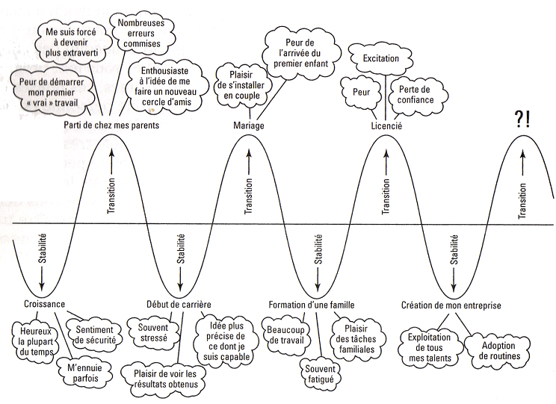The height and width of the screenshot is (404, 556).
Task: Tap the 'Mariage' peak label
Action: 248,125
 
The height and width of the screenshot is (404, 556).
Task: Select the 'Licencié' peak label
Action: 386,125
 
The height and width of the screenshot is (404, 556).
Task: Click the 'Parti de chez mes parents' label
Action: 111,125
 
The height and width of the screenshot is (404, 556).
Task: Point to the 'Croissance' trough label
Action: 44,305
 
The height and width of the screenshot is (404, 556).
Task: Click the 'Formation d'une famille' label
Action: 312,305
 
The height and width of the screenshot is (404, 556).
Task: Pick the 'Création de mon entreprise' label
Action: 451,305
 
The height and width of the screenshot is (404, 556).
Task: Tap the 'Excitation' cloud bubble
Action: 386,58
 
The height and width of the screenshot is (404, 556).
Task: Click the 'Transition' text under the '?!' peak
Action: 522,196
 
